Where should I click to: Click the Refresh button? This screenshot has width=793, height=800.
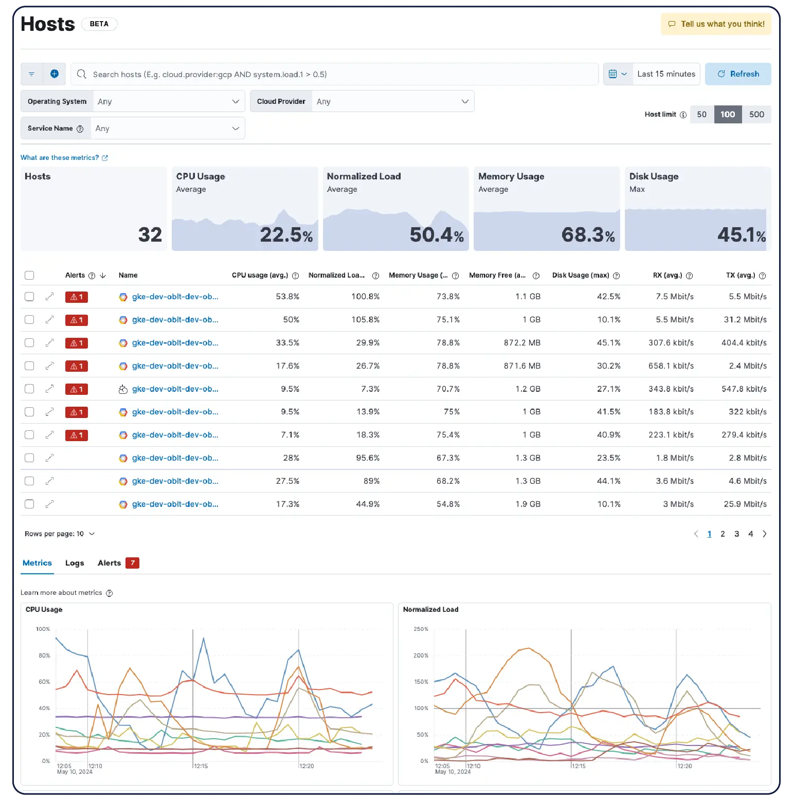coord(737,74)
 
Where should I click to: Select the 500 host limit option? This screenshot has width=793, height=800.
coord(756,115)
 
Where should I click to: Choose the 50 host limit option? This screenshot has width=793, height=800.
coord(701,115)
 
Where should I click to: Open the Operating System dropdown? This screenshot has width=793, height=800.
coord(168,102)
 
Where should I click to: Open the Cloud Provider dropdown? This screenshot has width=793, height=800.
coord(392,102)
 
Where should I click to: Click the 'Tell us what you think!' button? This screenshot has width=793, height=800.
coord(716,24)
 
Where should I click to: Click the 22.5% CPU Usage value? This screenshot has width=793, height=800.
coord(286,235)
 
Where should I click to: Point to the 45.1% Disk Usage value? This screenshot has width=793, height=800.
coord(741,235)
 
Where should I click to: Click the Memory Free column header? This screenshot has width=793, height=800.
coord(497,276)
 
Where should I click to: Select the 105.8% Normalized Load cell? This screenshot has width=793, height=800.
coord(365,320)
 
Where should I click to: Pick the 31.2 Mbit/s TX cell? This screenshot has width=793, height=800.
coord(745,320)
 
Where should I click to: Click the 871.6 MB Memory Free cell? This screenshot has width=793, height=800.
coord(521,366)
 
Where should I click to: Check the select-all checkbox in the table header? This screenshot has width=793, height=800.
coord(29,276)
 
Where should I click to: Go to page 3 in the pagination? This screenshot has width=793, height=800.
coord(736,534)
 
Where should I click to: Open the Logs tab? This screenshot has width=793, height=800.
coord(75,563)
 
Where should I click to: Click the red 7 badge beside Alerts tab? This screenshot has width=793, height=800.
coord(132,563)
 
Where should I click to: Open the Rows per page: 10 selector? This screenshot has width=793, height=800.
coord(60,534)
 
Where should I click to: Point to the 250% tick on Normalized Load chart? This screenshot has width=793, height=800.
coord(421,629)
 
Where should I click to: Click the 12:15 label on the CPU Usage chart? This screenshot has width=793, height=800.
coord(201,766)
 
